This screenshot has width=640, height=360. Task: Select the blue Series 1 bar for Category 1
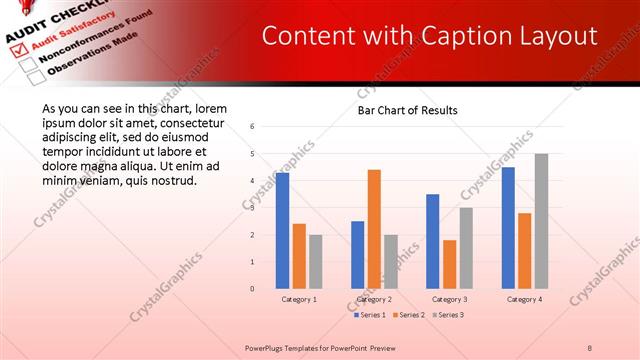(283, 230)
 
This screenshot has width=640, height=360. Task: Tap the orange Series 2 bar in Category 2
(374, 229)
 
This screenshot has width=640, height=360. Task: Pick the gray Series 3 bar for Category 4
(541, 221)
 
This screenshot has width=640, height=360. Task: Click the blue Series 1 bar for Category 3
(433, 241)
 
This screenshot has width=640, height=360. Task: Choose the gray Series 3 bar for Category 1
(316, 261)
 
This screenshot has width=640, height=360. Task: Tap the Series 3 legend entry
(447, 315)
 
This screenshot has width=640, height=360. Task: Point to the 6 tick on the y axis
(253, 127)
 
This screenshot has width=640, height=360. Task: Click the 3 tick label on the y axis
(253, 208)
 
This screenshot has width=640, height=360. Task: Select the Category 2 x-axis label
(374, 299)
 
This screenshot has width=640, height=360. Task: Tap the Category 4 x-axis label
(524, 299)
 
